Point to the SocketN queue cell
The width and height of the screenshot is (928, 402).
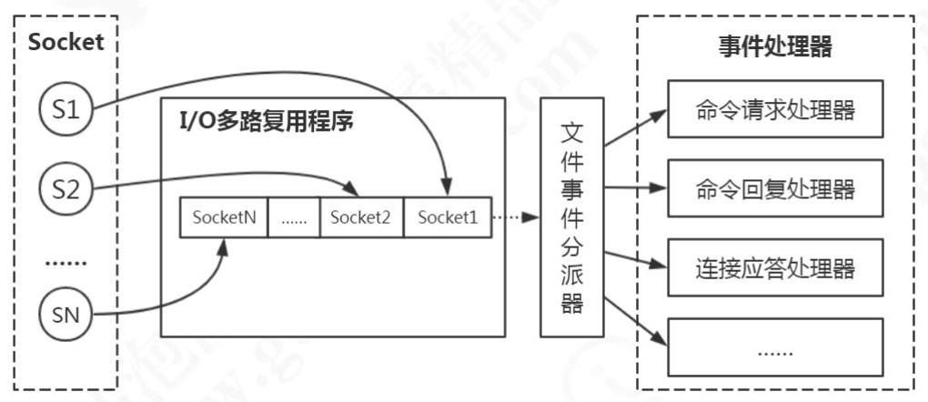[x=223, y=217]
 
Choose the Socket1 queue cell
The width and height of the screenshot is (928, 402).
[x=447, y=217]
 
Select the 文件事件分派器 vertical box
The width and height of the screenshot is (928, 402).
[x=572, y=218]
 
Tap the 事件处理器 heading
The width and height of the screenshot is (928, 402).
[x=774, y=48]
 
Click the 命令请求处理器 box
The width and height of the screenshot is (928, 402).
[x=775, y=110]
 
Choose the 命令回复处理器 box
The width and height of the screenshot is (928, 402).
[x=775, y=189]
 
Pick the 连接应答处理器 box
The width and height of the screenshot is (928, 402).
[x=775, y=267]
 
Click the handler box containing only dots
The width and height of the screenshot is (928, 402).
[x=775, y=347]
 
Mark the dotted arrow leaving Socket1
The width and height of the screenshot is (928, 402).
[x=514, y=218]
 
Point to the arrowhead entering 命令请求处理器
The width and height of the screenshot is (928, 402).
[x=660, y=113]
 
